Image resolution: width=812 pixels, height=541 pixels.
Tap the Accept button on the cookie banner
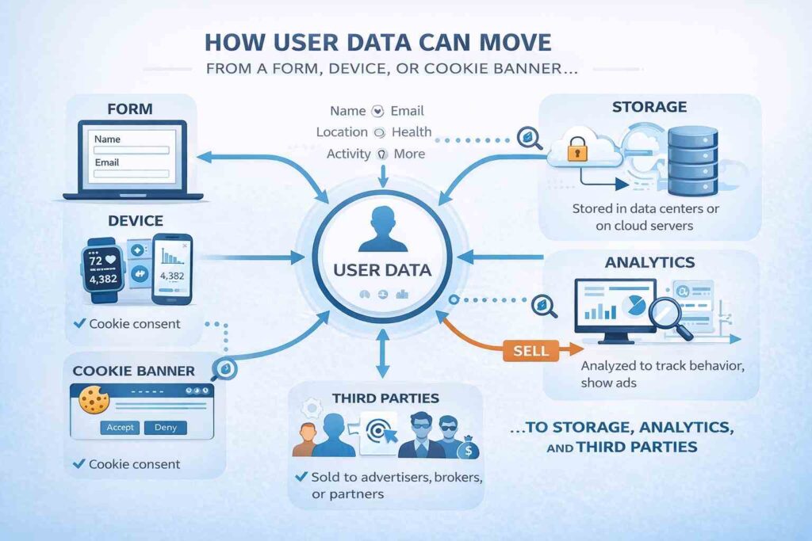pyautogui.click(x=120, y=427)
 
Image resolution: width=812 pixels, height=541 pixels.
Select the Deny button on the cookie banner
pyautogui.click(x=166, y=427)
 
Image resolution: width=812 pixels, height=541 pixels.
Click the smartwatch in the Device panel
pyautogui.click(x=105, y=269)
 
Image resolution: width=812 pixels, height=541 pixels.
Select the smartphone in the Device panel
pyautogui.click(x=171, y=269)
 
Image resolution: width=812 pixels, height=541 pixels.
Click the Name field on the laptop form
pyautogui.click(x=131, y=149)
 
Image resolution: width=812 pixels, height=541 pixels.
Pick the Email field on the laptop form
pyautogui.click(x=131, y=172)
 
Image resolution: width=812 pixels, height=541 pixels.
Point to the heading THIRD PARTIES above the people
pyautogui.click(x=385, y=398)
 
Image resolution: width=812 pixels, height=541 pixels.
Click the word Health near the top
pyautogui.click(x=411, y=132)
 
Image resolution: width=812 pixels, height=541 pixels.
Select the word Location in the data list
pyautogui.click(x=341, y=132)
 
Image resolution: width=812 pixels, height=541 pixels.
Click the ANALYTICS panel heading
pyautogui.click(x=649, y=262)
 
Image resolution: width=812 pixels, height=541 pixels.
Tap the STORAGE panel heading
pyautogui.click(x=649, y=106)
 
